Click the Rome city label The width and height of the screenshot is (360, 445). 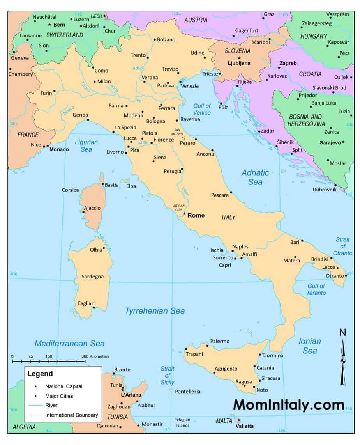196,215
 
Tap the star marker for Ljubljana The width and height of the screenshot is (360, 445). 239,58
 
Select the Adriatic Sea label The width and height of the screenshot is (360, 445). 255,177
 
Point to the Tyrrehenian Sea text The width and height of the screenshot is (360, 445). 155,311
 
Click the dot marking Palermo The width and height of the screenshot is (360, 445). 207,346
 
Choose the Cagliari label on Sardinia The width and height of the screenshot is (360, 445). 86,303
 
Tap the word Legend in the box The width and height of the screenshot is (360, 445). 40,374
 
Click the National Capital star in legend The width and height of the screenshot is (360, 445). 35,386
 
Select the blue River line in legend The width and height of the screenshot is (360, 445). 35,405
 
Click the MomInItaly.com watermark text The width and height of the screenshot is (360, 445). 289,405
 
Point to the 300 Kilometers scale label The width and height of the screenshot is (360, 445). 95,356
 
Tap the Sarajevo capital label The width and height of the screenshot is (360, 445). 330,143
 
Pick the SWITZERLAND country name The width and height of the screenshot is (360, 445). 65,35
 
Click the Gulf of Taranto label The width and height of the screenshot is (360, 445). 316,289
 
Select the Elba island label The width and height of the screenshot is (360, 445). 131,186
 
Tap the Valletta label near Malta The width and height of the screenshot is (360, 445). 245,426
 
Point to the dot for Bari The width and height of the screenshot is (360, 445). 302,241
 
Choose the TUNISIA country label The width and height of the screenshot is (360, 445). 117,417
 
